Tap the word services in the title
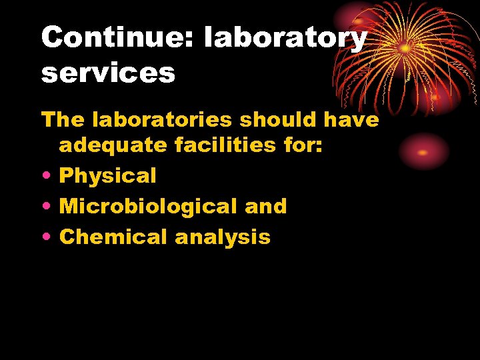click(x=108, y=73)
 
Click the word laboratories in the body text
click(x=163, y=120)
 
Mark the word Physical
click(x=108, y=175)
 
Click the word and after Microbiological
click(x=265, y=206)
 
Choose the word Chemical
click(x=113, y=237)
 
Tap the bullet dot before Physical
click(x=45, y=176)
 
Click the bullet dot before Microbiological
click(x=45, y=207)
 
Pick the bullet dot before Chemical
click(x=45, y=237)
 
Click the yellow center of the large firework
click(x=405, y=49)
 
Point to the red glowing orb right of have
click(x=423, y=152)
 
